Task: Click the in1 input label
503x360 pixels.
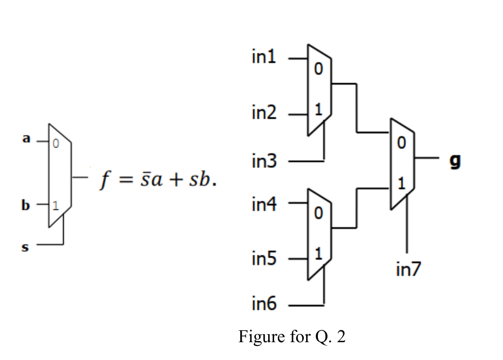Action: click(264, 57)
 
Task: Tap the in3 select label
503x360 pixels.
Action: click(264, 160)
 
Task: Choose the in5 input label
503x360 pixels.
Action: click(264, 260)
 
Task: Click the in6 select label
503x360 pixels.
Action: click(264, 304)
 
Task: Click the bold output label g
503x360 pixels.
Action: click(455, 160)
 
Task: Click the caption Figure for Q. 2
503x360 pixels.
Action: click(291, 337)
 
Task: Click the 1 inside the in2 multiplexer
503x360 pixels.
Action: click(318, 110)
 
